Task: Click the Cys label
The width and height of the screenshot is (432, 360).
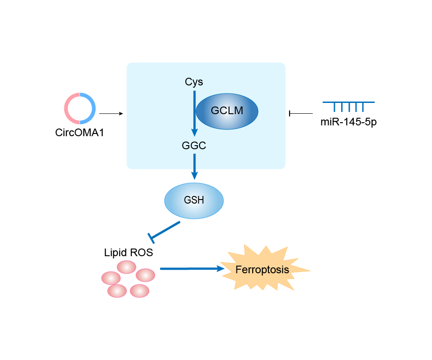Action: (194, 82)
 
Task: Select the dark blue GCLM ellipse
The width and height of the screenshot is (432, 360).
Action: (227, 111)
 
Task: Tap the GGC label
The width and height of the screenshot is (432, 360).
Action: (194, 146)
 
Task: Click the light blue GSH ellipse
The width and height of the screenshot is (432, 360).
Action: (194, 200)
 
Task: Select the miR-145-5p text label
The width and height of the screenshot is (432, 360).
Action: (349, 122)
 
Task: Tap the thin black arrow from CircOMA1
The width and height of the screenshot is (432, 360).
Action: (111, 114)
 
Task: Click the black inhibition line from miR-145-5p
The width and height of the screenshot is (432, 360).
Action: (301, 113)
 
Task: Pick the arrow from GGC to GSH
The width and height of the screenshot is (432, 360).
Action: (194, 166)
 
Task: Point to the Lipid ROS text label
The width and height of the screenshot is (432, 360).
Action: (129, 253)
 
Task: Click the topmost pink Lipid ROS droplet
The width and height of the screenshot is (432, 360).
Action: (126, 267)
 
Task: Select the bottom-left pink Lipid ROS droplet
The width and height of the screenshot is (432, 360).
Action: (117, 291)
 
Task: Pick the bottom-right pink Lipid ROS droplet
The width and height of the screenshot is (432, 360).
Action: (139, 290)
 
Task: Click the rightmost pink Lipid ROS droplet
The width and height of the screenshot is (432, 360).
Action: (145, 275)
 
